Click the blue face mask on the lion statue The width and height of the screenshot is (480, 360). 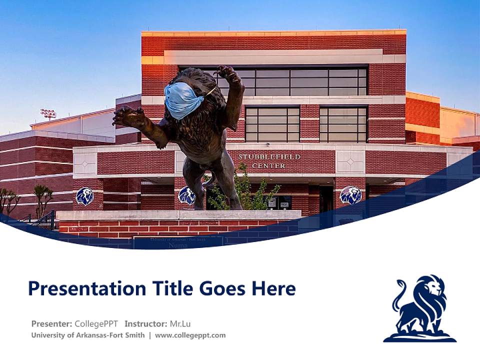coord(182,100)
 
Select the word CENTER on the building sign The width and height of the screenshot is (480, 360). coord(269,165)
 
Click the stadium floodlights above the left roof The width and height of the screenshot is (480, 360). coord(48,114)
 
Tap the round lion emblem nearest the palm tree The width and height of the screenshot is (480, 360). coord(84,196)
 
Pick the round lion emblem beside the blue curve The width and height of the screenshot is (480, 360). coord(350,195)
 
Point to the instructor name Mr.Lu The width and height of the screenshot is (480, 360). coord(180,323)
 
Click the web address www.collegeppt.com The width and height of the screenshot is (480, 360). coord(190,335)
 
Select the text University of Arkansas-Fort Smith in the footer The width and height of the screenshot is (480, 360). coord(88,335)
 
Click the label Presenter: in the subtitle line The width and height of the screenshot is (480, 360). coord(51,323)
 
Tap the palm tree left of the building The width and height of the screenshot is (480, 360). coord(42,197)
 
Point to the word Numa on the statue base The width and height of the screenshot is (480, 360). coord(178,245)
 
